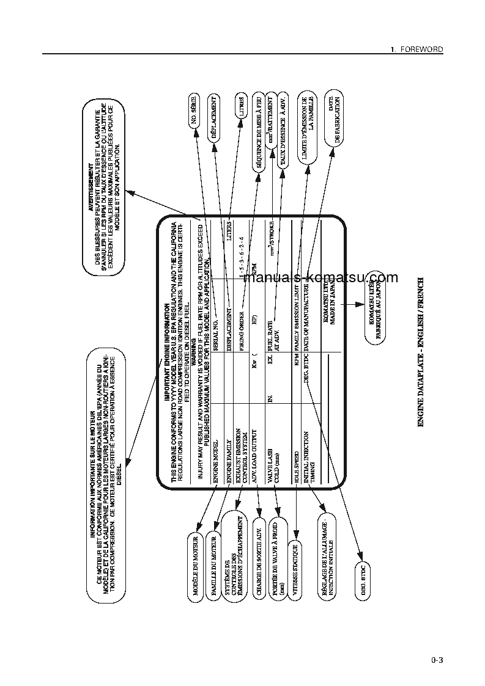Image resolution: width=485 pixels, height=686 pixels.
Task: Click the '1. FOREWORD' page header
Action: click(417, 49)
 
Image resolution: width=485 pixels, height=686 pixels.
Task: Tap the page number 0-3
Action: click(436, 660)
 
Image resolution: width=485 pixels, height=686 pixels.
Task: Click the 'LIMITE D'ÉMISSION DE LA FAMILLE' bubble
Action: click(308, 130)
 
